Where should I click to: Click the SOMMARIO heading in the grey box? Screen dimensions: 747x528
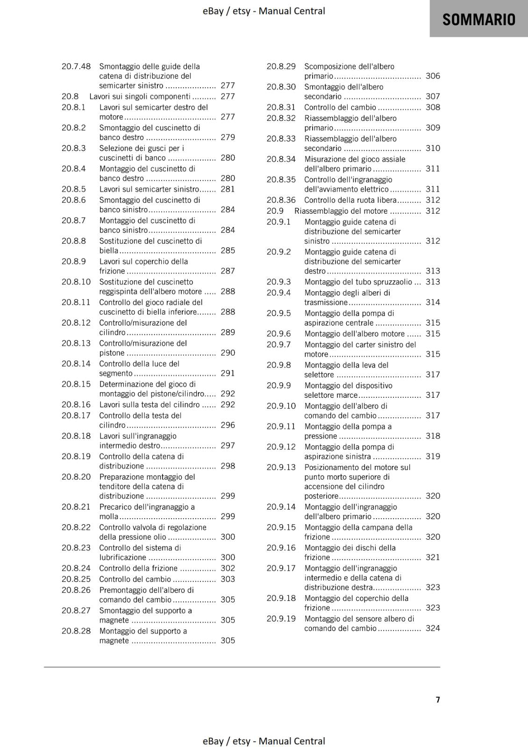(478, 20)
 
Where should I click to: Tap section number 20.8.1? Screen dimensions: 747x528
(74, 107)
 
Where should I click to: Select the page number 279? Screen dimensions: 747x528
(228, 137)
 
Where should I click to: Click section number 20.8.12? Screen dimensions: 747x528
(76, 323)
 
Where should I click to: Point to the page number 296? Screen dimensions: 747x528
(228, 425)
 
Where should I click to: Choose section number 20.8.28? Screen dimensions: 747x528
(76, 631)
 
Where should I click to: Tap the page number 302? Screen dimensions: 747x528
(228, 568)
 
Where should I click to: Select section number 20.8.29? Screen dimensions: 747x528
(281, 67)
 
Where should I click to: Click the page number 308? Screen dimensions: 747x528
(433, 107)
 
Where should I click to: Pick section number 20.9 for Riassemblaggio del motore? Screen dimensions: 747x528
(275, 211)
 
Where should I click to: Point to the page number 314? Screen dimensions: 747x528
(433, 303)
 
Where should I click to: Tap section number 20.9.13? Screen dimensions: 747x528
(281, 467)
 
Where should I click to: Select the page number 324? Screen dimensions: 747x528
(433, 628)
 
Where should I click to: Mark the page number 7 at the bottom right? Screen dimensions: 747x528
(438, 700)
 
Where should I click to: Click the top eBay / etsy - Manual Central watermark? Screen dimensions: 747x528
(264, 11)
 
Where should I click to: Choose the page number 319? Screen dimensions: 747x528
(433, 457)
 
